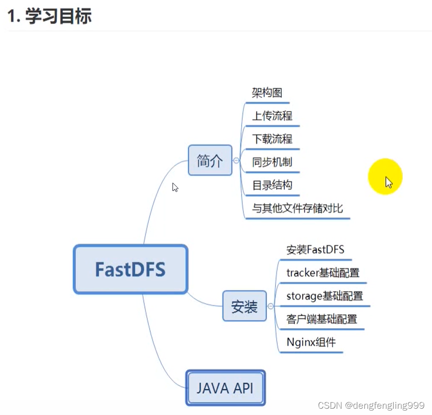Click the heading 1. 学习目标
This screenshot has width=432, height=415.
pos(49,16)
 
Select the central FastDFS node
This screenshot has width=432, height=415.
pos(130,269)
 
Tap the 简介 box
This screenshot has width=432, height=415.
pos(210,160)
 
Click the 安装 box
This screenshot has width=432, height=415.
pos(244,306)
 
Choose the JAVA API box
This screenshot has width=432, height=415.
pos(225,388)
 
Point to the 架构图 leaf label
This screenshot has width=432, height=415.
pos(267,93)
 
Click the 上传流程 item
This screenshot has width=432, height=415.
pos(272,116)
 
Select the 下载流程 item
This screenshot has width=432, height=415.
pos(272,139)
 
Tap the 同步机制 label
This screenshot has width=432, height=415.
pos(272,162)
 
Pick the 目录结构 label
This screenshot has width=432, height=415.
pos(272,185)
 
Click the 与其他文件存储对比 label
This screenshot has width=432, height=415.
pos(297,208)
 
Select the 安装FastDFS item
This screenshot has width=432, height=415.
pos(315,250)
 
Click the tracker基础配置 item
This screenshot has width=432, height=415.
pos(323,273)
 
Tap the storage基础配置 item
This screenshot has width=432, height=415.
pos(325,296)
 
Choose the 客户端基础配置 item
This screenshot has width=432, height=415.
pos(322,319)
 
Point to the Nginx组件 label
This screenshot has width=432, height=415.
pos(311,342)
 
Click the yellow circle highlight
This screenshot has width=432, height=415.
pos(385,176)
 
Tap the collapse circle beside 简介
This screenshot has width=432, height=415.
pos(236,160)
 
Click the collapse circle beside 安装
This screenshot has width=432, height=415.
pos(271,306)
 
